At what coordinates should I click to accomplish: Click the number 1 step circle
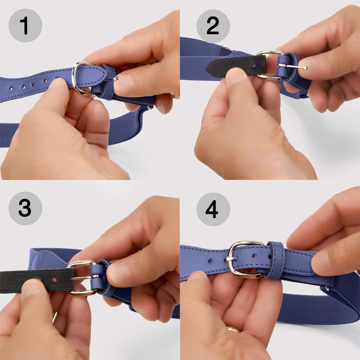(25, 26)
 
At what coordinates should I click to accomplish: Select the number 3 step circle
(25, 209)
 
